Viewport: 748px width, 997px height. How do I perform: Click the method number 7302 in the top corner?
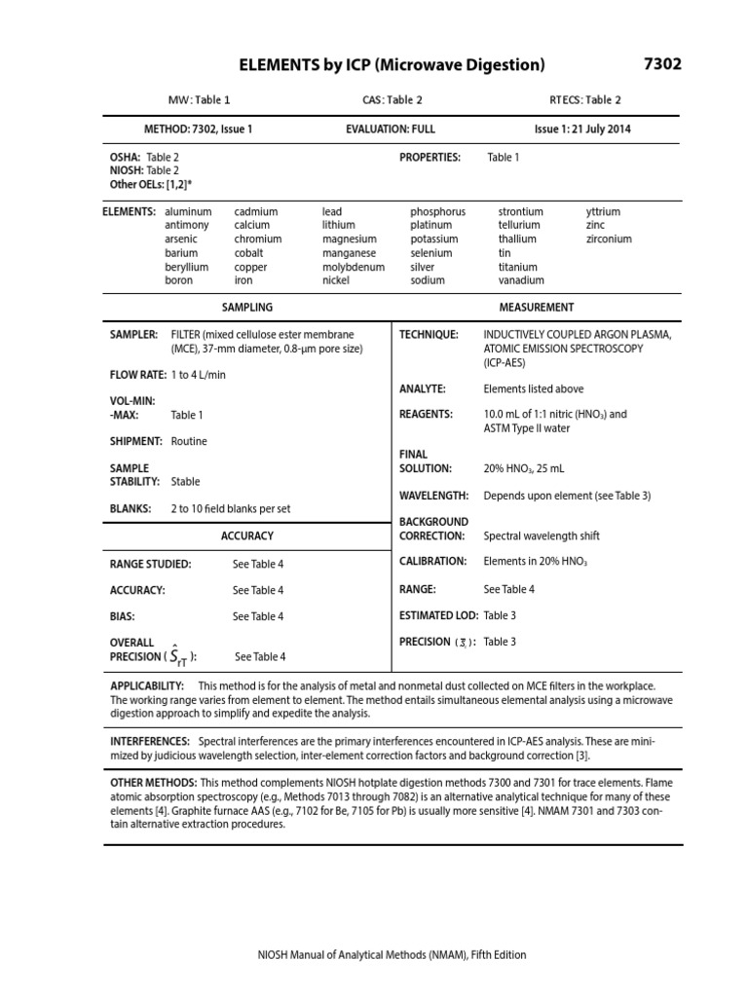coord(662,64)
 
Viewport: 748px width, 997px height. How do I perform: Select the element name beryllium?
coord(187,267)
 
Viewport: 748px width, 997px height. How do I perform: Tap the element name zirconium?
coord(609,239)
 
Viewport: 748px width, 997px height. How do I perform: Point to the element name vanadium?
coord(520,280)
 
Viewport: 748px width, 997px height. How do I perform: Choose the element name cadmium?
coord(256,211)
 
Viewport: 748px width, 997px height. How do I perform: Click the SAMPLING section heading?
coord(247,308)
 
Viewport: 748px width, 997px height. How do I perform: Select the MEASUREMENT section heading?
coord(537,308)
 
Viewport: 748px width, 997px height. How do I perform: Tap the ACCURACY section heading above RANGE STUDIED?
coord(247,535)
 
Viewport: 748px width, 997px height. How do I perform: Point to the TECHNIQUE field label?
coord(429,334)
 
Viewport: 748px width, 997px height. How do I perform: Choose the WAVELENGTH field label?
coord(434,496)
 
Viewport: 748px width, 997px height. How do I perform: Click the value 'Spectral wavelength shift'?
coord(542,535)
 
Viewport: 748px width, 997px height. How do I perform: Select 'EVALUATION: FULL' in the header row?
coord(391,129)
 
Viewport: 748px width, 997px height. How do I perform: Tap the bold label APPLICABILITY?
coord(147,686)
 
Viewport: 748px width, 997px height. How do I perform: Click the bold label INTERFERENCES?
coord(150,741)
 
